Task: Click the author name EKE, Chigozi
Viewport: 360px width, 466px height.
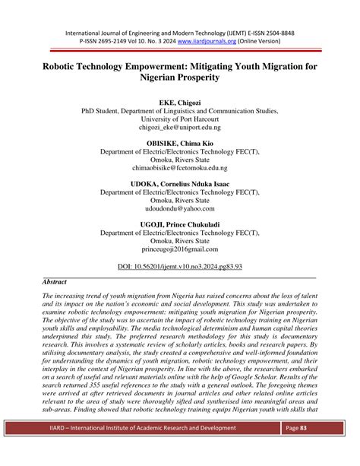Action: (179, 100)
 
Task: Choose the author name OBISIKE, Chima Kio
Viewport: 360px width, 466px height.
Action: (179, 143)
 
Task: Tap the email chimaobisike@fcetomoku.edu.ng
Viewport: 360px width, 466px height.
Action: (179, 166)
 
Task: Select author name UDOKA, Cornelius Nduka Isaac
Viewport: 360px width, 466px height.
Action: (179, 184)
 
